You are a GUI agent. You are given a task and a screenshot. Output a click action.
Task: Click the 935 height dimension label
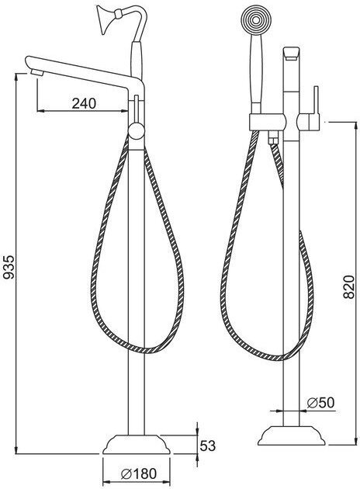(x=9, y=267)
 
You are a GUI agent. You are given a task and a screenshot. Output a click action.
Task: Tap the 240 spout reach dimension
(x=84, y=103)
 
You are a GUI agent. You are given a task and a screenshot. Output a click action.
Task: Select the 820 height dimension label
(x=349, y=287)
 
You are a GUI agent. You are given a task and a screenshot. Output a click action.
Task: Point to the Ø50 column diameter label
(x=320, y=403)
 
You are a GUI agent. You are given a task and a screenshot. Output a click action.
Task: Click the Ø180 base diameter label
(x=138, y=473)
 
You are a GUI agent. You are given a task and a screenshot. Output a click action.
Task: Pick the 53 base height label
(x=208, y=446)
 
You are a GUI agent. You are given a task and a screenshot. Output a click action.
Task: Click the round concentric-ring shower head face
(x=256, y=21)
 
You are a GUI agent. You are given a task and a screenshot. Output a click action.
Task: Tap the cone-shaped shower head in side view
(x=106, y=19)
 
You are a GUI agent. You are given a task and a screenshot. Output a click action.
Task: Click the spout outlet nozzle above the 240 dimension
(x=37, y=73)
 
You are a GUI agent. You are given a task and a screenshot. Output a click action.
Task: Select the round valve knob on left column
(x=137, y=131)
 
